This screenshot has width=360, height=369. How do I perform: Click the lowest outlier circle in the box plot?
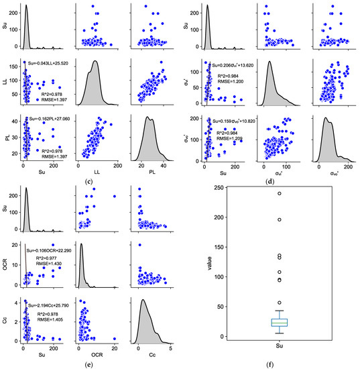(280, 303)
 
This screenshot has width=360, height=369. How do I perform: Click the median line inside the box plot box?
(280, 323)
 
